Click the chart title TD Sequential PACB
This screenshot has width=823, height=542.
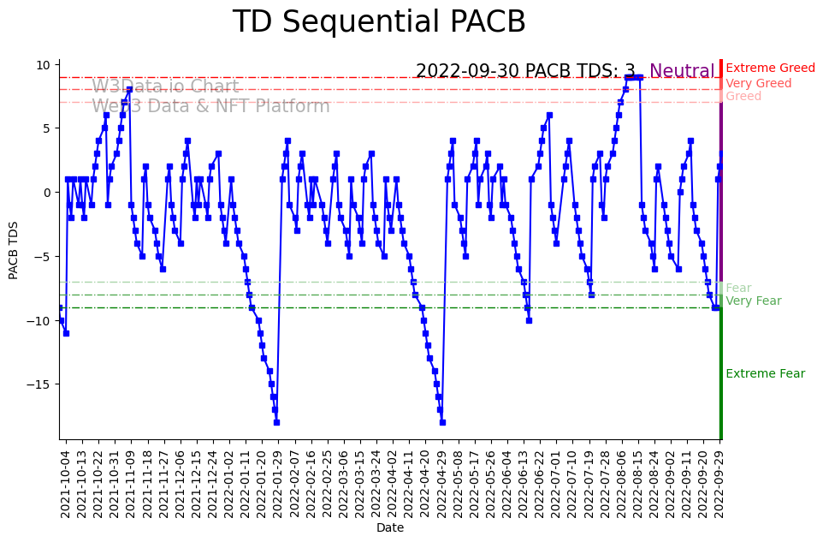[379, 22]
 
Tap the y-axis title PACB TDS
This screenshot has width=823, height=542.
[14, 249]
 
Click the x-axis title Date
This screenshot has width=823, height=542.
[389, 528]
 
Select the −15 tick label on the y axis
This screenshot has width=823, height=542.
[39, 384]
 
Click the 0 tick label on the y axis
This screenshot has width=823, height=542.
[49, 193]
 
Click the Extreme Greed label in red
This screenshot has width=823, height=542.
[770, 68]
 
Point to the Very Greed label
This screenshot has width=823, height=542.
[758, 84]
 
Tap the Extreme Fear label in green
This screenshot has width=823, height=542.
[765, 374]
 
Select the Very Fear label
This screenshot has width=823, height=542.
[753, 301]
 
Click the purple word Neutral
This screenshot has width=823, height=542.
[682, 72]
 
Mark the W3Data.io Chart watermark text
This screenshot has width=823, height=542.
[165, 86]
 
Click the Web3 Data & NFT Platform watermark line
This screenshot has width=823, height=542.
[210, 106]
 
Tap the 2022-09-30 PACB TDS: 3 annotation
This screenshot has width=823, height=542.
[525, 72]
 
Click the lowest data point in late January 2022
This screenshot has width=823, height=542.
[276, 422]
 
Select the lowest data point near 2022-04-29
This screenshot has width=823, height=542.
[442, 422]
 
